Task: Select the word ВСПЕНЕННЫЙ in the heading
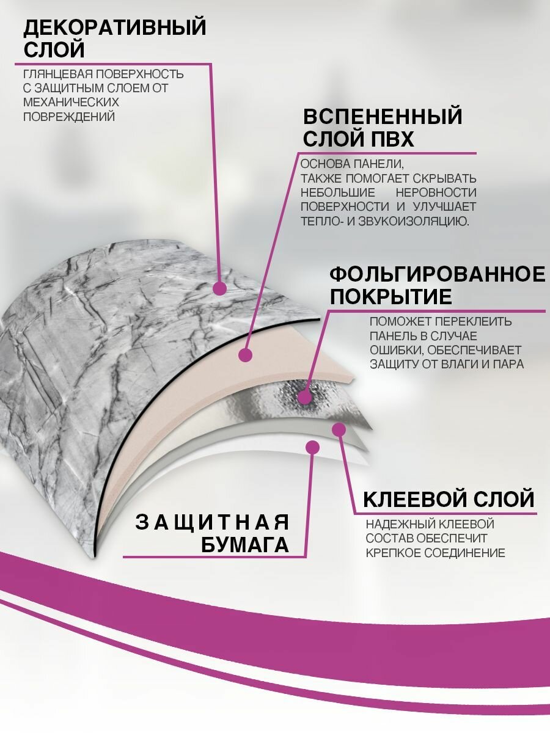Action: [x=383, y=116]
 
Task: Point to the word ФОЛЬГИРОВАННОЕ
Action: [x=438, y=274]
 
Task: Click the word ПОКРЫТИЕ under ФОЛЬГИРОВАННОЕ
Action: [x=391, y=297]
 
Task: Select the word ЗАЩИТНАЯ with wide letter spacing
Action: [x=212, y=522]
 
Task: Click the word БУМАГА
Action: [x=245, y=545]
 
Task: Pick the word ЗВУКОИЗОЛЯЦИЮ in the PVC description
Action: [x=416, y=221]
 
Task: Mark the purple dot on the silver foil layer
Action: [x=304, y=398]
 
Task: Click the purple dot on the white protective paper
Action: [x=313, y=448]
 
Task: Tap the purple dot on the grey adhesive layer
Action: [x=338, y=430]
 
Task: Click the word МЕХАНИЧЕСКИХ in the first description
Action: [x=71, y=102]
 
